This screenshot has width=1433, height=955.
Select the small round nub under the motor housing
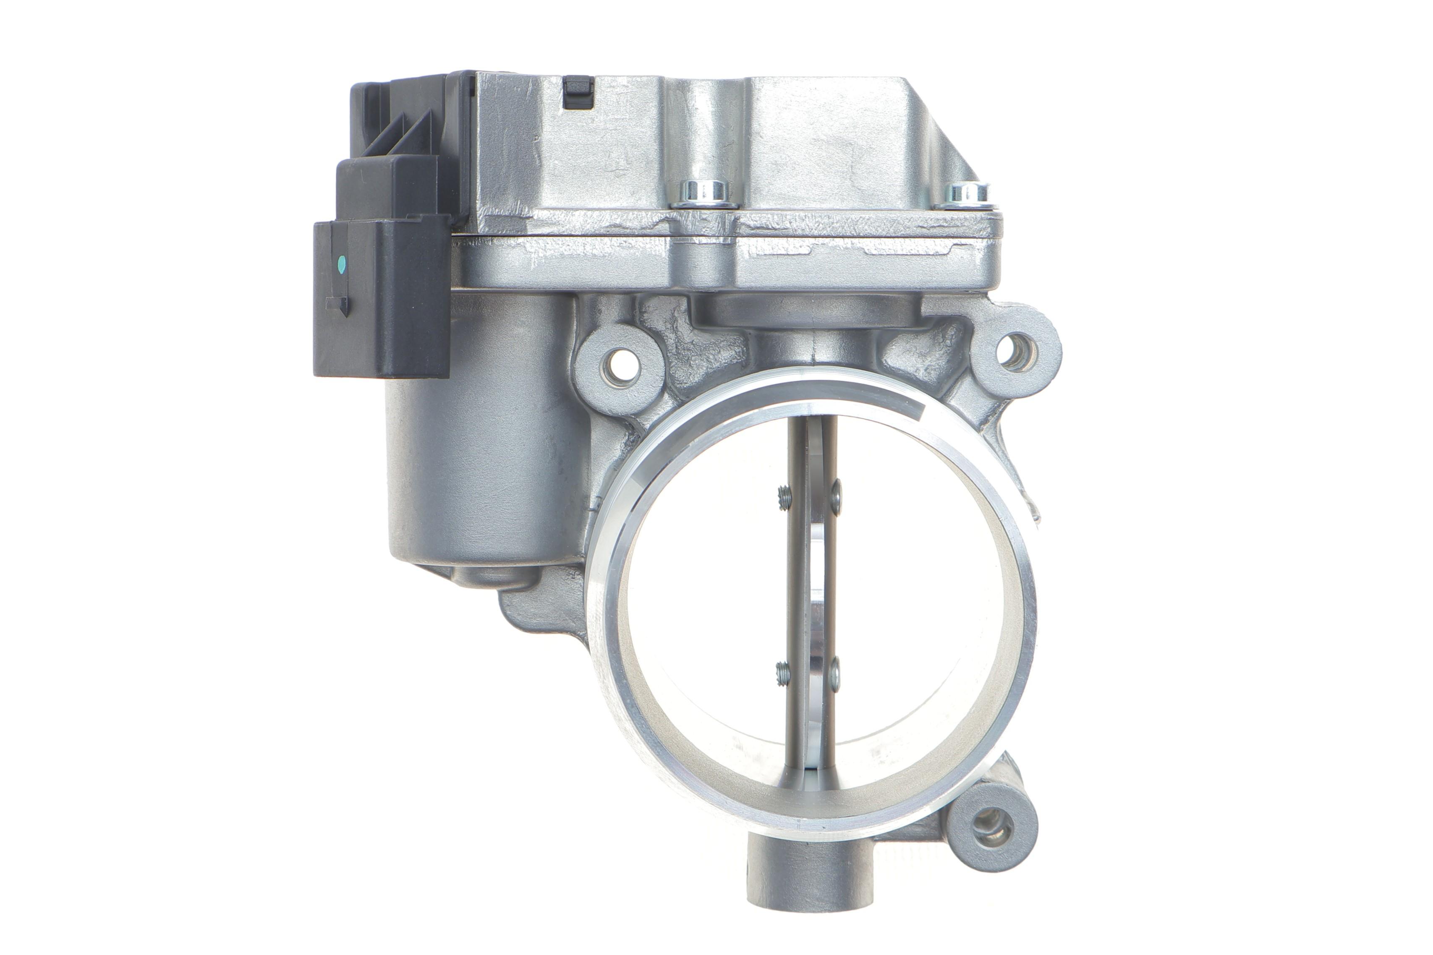(492, 576)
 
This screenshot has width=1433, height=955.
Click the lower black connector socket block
(381, 298)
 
